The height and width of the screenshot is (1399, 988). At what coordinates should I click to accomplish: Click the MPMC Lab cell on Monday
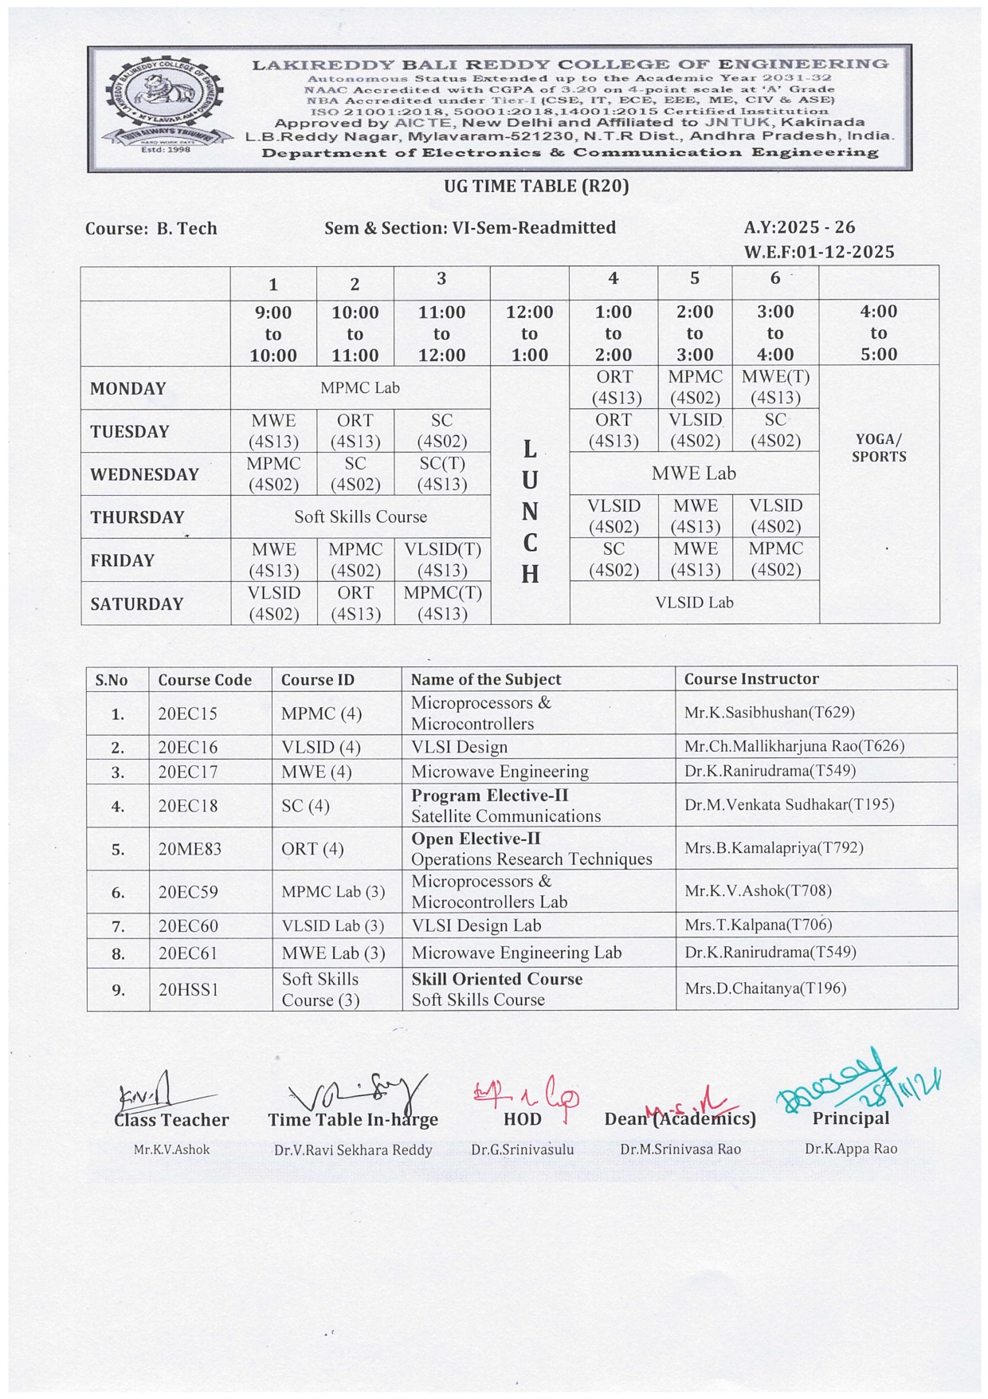359,388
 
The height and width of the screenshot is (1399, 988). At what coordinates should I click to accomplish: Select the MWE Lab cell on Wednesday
693,474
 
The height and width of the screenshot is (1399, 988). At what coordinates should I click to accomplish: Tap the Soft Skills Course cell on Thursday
360,517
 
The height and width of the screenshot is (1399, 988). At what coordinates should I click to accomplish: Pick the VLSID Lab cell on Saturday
694,603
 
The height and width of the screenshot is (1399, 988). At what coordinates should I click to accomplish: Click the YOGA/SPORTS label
878,448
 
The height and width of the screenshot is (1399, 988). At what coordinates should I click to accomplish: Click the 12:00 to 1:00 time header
529,333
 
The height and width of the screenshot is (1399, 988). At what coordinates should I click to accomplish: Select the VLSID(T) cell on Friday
442,560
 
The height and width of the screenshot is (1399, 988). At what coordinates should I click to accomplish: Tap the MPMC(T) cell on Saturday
442,603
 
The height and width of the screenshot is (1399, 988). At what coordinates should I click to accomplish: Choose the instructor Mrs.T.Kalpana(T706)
758,925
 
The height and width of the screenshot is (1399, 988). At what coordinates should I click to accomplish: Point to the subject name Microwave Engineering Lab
516,953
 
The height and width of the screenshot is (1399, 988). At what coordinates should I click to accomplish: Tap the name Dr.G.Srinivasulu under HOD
522,1149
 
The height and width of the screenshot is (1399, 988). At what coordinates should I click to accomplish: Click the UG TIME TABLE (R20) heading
536,187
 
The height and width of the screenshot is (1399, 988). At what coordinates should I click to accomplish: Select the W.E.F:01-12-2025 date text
819,252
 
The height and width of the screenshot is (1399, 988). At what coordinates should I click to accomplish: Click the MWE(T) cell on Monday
775,387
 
